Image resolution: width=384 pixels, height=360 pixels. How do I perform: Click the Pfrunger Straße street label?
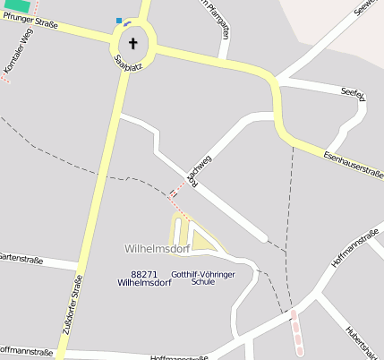tap(30, 21)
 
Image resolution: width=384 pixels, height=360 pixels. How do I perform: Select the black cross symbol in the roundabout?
tap(134, 42)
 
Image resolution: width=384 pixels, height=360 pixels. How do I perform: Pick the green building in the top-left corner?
tap(15, 5)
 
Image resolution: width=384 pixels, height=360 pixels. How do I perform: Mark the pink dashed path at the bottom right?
tap(297, 333)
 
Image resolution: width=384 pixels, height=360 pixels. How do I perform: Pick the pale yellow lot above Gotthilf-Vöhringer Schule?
tap(204, 241)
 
